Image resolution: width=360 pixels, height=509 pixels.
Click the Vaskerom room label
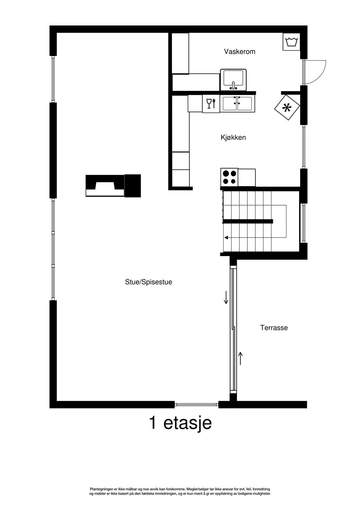pyautogui.click(x=239, y=52)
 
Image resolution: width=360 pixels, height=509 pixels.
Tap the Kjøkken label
pyautogui.click(x=233, y=138)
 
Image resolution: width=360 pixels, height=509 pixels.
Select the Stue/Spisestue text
pyautogui.click(x=148, y=282)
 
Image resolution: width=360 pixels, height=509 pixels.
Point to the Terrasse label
pyautogui.click(x=274, y=328)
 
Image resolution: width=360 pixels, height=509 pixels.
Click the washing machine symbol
pyautogui.click(x=291, y=42)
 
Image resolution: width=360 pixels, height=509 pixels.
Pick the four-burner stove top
pyautogui.click(x=229, y=177)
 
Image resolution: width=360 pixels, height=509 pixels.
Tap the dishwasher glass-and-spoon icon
pyautogui.click(x=211, y=104)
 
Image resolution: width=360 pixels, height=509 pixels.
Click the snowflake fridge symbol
pyautogui.click(x=287, y=108)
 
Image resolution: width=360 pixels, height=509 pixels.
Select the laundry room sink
pyautogui.click(x=233, y=79)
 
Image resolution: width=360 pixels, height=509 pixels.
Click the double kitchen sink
pyautogui.click(x=237, y=104)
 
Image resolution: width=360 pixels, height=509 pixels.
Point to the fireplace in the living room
pyautogui.click(x=113, y=185)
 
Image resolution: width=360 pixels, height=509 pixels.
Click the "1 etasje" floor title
pyautogui.click(x=180, y=423)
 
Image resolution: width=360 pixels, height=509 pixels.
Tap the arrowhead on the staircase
pyautogui.click(x=226, y=237)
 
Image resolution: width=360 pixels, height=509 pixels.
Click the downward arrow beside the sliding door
pyautogui.click(x=226, y=298)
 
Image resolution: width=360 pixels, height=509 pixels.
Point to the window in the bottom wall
pyautogui.click(x=196, y=405)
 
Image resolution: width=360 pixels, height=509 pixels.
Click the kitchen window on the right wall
pyautogui.click(x=304, y=147)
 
